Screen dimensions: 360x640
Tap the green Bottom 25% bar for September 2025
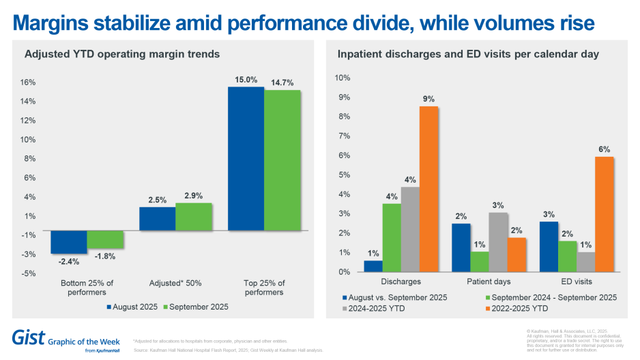[105, 239]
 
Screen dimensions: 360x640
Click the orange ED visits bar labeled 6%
[604, 214]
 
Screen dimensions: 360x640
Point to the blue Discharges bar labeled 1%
[373, 266]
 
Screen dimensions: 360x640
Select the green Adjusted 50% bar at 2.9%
[194, 217]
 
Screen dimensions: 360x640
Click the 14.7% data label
[282, 82]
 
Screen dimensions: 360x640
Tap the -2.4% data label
[68, 261]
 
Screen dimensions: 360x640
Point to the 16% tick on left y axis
[28, 82]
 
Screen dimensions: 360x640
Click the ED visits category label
[577, 281]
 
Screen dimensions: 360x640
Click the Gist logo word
[27, 337]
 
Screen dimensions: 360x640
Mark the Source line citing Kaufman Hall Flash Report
[227, 350]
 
